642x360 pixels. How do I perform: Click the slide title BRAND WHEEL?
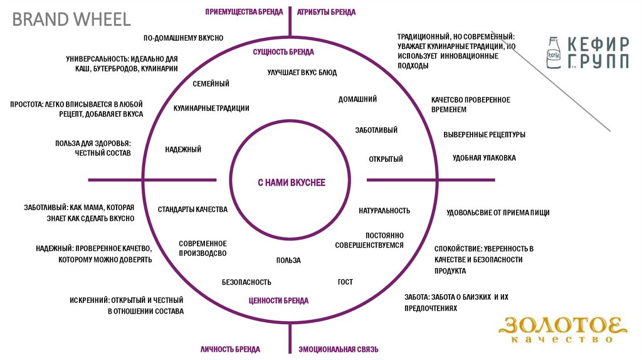click(x=72, y=19)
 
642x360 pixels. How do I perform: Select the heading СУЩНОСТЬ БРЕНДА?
click(x=283, y=52)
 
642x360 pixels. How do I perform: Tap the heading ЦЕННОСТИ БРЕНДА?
click(x=278, y=300)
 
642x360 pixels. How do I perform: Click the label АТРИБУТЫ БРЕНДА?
click(x=326, y=12)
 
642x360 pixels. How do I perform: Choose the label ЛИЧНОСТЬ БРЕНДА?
click(x=230, y=349)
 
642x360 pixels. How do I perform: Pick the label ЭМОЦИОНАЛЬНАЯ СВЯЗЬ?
click(x=338, y=349)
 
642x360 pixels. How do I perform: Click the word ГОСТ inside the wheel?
click(x=345, y=282)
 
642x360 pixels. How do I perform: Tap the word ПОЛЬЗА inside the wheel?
click(x=288, y=260)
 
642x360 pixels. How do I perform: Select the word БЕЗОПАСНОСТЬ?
click(x=246, y=282)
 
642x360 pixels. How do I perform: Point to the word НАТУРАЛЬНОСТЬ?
click(x=384, y=211)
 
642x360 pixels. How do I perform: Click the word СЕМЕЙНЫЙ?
click(x=211, y=83)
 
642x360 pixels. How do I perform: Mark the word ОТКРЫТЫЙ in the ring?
click(x=386, y=159)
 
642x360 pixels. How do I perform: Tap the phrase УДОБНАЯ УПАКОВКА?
click(x=484, y=158)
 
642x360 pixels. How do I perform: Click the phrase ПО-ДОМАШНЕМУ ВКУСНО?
click(x=183, y=38)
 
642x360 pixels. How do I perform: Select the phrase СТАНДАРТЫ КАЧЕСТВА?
click(x=192, y=209)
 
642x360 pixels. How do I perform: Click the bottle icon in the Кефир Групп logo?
click(x=554, y=51)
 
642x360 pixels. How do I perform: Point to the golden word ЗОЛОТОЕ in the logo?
click(x=562, y=326)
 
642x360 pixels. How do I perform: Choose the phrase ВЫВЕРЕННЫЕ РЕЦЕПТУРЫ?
click(x=484, y=135)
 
